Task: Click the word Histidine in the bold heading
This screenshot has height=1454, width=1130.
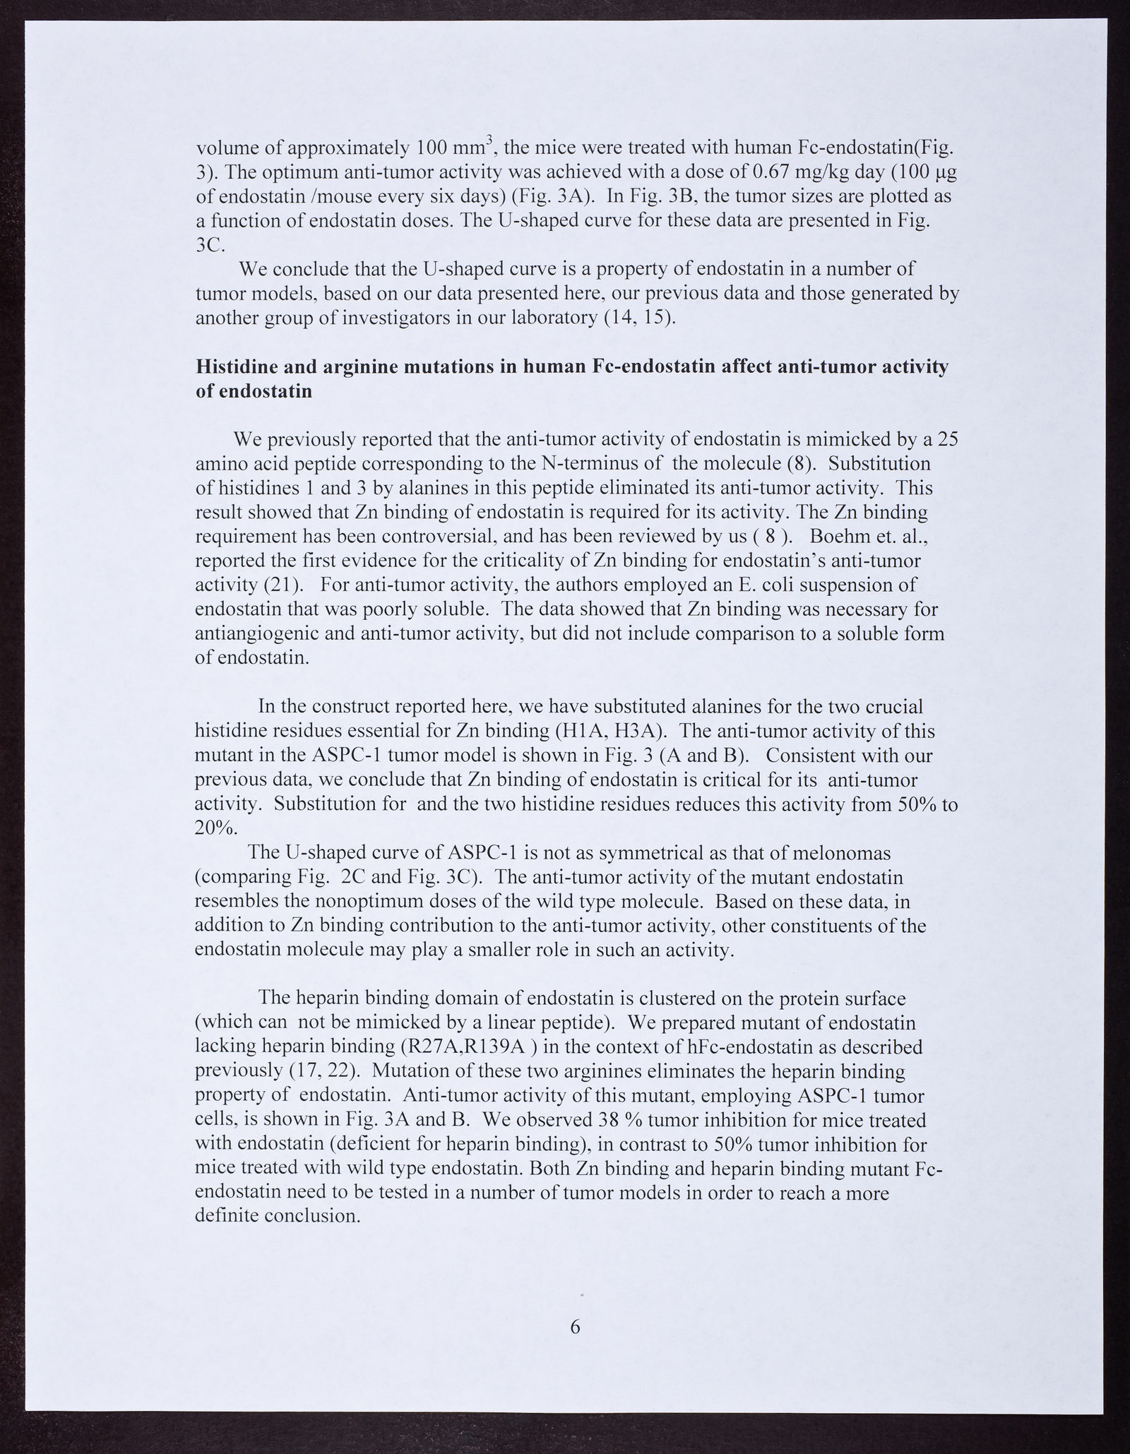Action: (236, 367)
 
